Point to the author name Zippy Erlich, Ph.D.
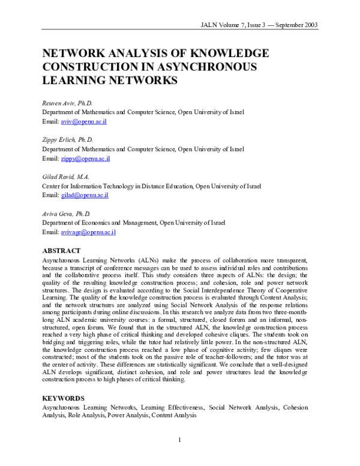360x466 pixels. click(67, 139)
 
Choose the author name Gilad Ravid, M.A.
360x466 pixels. click(66, 177)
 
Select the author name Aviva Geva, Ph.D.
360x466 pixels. click(65, 213)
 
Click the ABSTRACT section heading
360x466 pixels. click(62, 250)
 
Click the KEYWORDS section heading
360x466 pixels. click(63, 398)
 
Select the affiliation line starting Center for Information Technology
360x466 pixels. click(151, 186)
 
